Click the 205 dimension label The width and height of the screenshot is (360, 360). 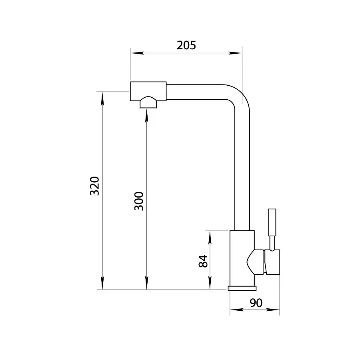(x=186, y=45)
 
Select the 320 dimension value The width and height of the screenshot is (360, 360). (x=94, y=186)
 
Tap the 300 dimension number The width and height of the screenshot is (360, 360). (x=139, y=201)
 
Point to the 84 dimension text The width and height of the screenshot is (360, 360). (x=203, y=261)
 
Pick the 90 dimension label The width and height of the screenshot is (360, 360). (x=256, y=303)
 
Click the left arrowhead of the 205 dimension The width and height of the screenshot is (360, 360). (x=137, y=53)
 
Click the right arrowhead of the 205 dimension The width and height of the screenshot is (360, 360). (x=235, y=53)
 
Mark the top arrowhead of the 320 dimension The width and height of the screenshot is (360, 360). (x=102, y=98)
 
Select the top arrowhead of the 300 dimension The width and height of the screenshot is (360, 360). (x=147, y=116)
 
